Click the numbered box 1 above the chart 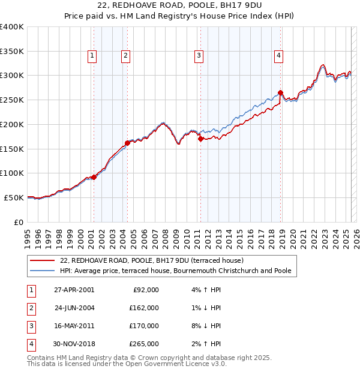point(92,56)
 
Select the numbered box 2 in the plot point(125,56)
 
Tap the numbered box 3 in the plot point(199,56)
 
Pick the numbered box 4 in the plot point(279,56)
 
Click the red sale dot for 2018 point(281,92)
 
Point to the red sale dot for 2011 point(200,139)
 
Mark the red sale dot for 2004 point(127,143)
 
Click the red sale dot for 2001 point(94,177)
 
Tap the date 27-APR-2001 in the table point(74,290)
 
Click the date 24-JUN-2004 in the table point(74,308)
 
